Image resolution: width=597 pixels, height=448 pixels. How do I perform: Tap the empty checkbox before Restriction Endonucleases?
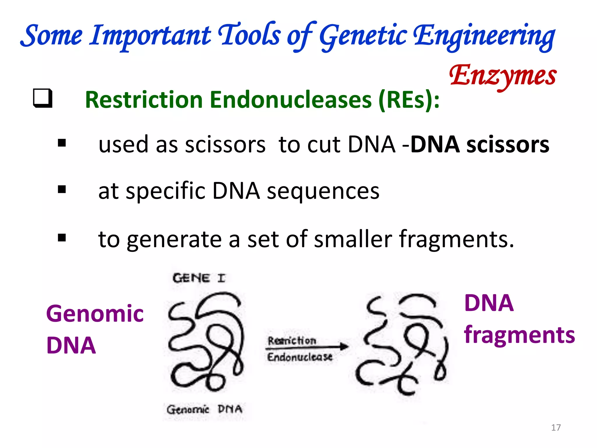(43, 98)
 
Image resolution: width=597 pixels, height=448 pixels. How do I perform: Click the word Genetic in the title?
(363, 36)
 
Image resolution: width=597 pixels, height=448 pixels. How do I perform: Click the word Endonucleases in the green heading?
(291, 100)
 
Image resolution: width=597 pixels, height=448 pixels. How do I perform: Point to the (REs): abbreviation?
(409, 100)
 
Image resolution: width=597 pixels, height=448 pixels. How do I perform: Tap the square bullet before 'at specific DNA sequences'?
(62, 190)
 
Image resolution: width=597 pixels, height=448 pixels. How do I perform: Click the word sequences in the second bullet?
(323, 191)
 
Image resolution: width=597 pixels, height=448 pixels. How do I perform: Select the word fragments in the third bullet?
(456, 239)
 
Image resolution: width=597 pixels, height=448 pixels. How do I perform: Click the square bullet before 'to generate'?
(62, 238)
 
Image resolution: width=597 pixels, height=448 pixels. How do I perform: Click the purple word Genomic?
(95, 314)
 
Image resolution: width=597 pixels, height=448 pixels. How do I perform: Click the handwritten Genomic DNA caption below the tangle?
(204, 409)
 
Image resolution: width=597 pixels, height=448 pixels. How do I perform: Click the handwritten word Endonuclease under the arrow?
(300, 357)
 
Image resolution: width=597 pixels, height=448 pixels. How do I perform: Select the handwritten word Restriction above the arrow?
(292, 340)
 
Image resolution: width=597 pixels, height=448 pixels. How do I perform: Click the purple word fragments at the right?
(519, 335)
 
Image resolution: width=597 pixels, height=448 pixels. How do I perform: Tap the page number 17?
(556, 428)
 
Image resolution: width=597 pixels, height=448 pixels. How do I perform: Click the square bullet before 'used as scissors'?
(62, 143)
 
